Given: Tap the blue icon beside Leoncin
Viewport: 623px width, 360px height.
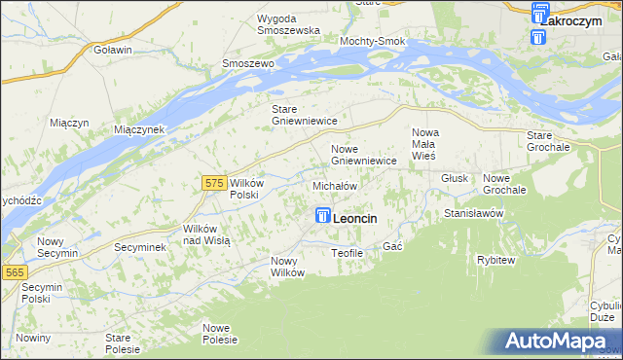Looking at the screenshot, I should coord(322,217).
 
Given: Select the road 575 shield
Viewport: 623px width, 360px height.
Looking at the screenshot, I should coord(216,182).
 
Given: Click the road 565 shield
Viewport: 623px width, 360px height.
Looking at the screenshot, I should coord(14,273).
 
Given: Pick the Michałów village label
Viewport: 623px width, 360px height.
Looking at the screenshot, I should coord(335,185).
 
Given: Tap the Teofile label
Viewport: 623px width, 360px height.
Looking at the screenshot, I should coord(347,253).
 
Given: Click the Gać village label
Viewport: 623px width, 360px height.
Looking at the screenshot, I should coord(392,247).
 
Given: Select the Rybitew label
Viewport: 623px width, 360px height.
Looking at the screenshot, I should coord(495,260).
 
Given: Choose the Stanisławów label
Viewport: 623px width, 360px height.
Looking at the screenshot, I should coord(472,212).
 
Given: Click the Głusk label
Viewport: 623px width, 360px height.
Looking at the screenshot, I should coord(455,179).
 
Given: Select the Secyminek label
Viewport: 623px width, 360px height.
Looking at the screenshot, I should coord(140,248).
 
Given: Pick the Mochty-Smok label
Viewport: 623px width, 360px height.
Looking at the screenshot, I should coord(372,42).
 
